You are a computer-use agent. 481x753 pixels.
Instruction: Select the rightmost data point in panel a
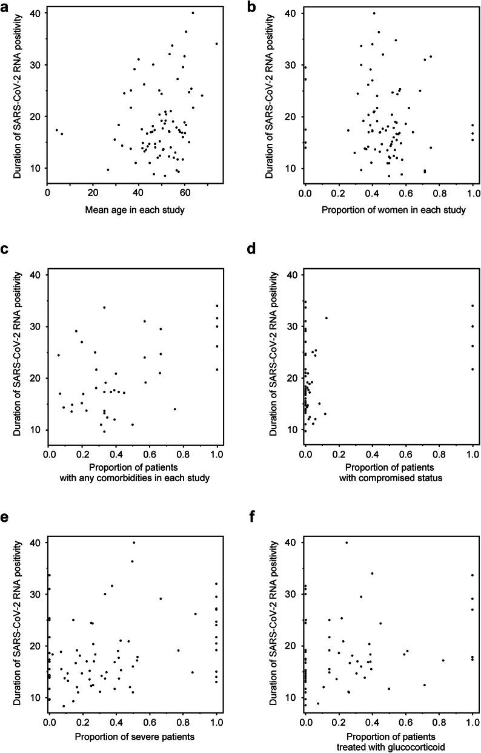point(216,44)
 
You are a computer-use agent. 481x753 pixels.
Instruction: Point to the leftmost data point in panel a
point(57,130)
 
